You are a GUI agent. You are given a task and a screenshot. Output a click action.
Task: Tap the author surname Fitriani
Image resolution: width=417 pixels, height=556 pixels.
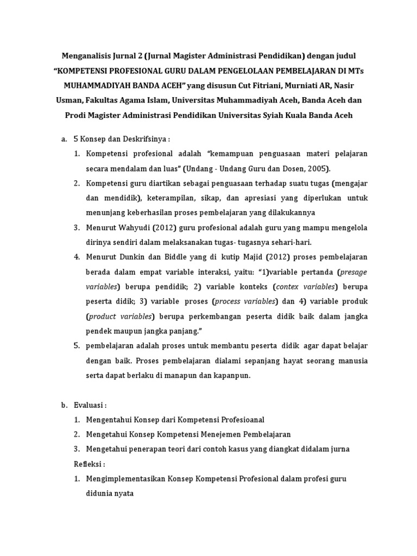[264, 86]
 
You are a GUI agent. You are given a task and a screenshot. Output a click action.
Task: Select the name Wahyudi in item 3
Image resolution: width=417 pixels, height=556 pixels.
[134, 227]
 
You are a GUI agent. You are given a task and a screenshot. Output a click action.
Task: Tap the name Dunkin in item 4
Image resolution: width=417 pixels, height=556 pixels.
[134, 256]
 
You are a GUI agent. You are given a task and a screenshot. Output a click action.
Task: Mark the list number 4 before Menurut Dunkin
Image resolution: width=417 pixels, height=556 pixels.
[77, 256]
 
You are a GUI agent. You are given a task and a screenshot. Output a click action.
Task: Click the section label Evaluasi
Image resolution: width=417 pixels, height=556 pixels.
[89, 405]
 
